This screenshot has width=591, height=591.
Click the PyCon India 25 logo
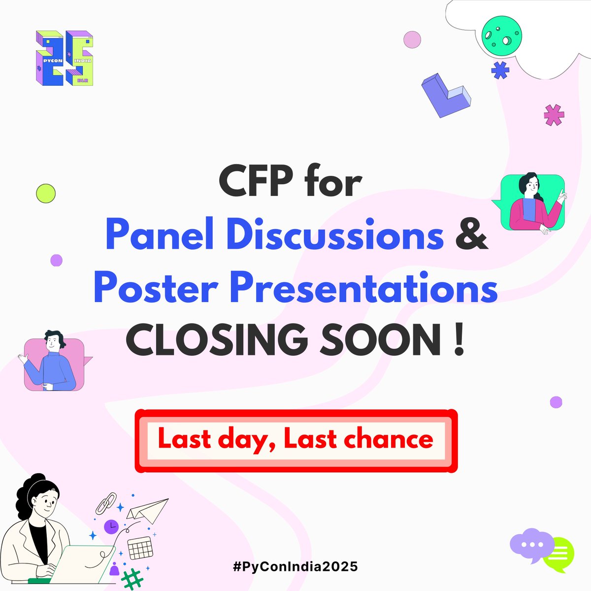click(x=65, y=59)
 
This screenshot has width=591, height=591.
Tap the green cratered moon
click(x=501, y=35)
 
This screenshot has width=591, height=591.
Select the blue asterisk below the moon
click(x=500, y=70)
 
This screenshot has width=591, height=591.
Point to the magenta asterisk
click(x=554, y=115)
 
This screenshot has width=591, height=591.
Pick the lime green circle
click(x=46, y=193)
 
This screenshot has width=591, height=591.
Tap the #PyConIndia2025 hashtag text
click(x=295, y=566)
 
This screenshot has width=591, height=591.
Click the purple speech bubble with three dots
click(x=531, y=546)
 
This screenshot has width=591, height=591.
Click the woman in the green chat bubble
click(x=533, y=203)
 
